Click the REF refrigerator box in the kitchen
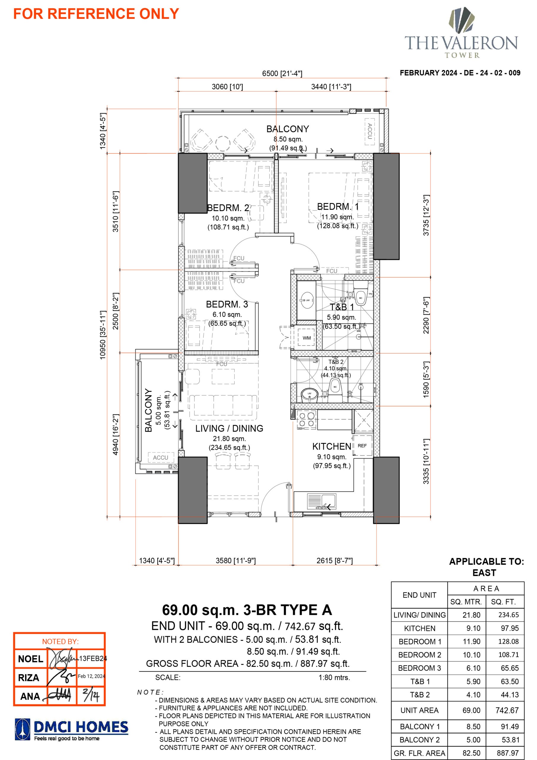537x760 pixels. [x=362, y=446]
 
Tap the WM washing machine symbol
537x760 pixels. [x=306, y=338]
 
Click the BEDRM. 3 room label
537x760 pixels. [x=227, y=304]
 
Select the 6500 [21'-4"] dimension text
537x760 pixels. [x=282, y=73]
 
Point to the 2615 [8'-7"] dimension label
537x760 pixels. [x=334, y=560]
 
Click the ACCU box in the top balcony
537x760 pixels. [x=370, y=132]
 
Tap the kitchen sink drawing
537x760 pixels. [x=322, y=501]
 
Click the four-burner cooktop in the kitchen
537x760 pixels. [x=306, y=420]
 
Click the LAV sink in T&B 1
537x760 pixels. [x=307, y=300]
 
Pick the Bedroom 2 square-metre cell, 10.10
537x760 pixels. [x=471, y=654]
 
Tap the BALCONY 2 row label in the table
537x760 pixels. [x=419, y=740]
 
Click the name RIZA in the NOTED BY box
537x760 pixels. [x=28, y=677]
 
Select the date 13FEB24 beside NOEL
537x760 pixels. [x=93, y=658]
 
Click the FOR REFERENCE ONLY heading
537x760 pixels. [x=96, y=14]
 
